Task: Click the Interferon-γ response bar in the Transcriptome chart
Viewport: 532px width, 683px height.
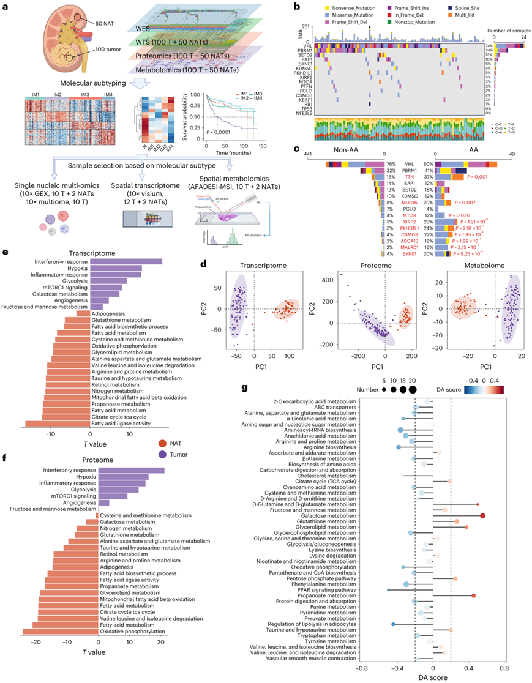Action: tap(126, 261)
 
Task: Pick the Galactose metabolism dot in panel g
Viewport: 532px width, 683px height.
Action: tap(482, 516)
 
